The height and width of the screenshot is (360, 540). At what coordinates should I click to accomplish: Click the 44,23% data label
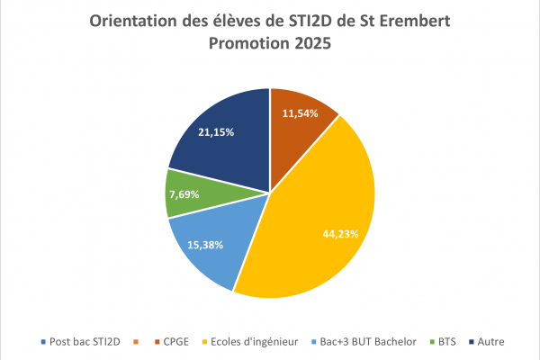coord(341,233)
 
